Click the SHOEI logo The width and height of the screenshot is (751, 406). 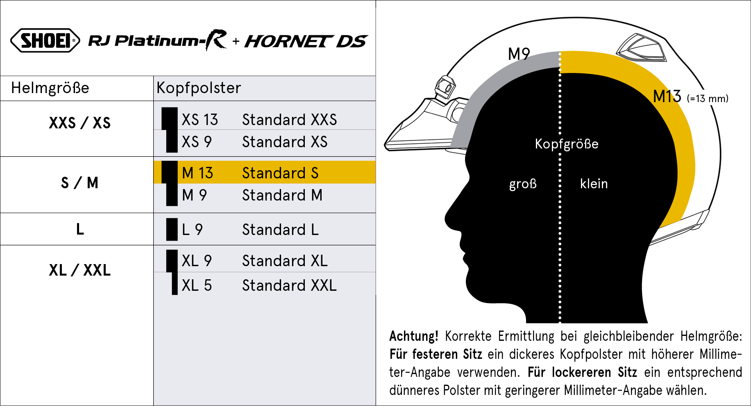click(45, 40)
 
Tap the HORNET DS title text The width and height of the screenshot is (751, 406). click(306, 41)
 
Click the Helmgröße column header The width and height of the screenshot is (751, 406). click(50, 88)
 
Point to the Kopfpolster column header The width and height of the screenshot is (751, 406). click(199, 88)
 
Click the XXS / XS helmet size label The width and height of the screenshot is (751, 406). click(80, 123)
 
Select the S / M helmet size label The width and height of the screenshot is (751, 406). click(80, 182)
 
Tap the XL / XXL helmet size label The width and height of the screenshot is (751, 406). click(80, 270)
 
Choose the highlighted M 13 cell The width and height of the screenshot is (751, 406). click(197, 173)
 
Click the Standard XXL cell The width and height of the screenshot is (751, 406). click(289, 285)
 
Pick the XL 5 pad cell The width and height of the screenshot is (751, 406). click(197, 285)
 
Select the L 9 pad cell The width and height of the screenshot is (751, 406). click(192, 230)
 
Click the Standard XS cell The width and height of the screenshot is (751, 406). click(285, 142)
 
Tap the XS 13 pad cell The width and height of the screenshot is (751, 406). click(200, 120)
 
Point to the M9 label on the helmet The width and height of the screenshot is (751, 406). click(519, 54)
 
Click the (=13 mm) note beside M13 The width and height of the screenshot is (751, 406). click(708, 98)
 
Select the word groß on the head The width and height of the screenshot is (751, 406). click(523, 184)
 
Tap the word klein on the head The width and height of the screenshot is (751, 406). click(594, 183)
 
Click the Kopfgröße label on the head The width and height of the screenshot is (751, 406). click(567, 144)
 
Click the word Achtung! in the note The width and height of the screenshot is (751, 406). click(414, 336)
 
